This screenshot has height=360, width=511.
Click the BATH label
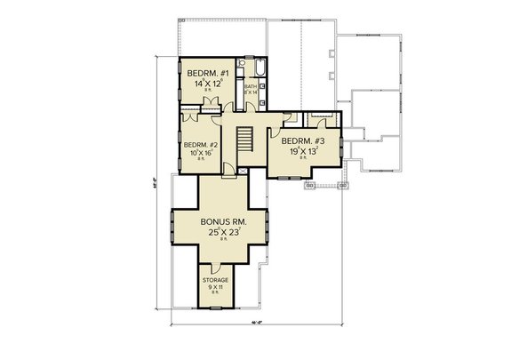click(251, 86)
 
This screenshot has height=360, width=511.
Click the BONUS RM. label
click(222, 220)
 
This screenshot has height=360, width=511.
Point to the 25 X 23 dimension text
click(222, 233)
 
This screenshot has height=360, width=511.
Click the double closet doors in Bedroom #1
click(212, 107)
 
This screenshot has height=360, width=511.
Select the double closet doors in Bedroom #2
click(190, 117)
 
